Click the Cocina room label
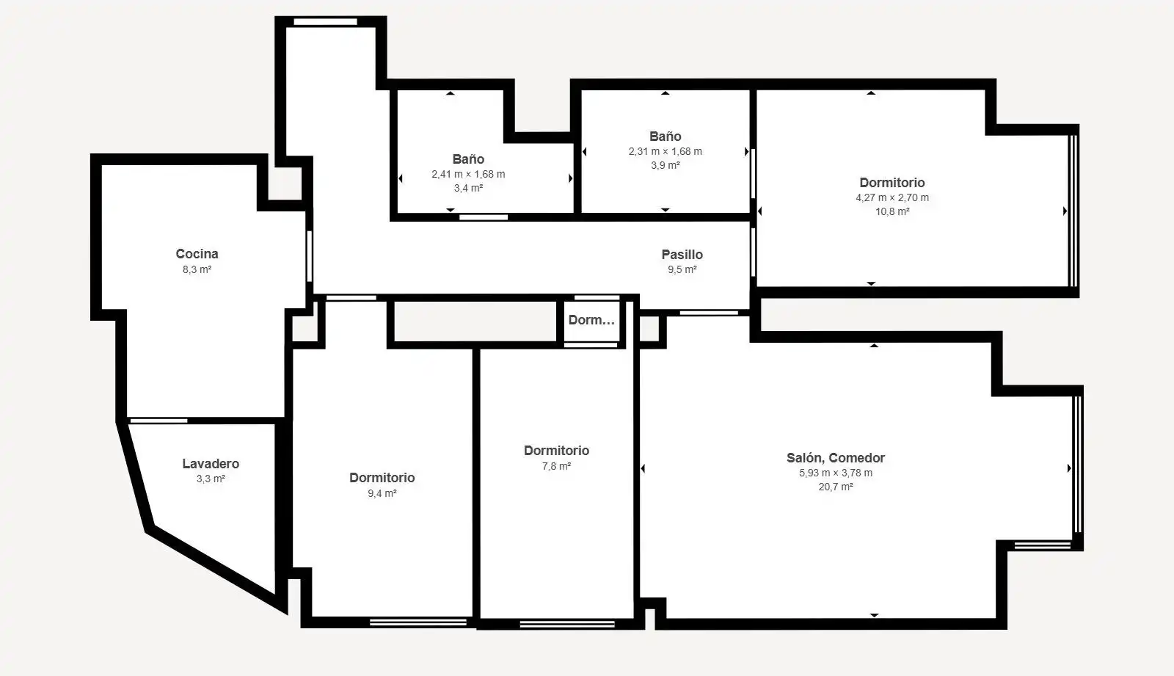[x=197, y=254]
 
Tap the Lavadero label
[x=211, y=464]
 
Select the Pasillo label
[x=682, y=255]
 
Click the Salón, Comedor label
[x=836, y=458]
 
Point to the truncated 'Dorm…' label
[x=591, y=320]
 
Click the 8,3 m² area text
[x=197, y=269]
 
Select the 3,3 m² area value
[x=211, y=479]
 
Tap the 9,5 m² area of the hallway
[x=682, y=269]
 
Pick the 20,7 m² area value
[x=836, y=487]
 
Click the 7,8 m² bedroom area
[x=557, y=466]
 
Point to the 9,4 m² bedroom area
[x=382, y=493]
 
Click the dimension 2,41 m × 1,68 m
[x=468, y=174]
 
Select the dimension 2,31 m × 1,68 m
[x=665, y=151]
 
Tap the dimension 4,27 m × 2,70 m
[x=892, y=197]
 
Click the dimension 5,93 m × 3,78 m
[x=836, y=473]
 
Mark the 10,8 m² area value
[x=892, y=211]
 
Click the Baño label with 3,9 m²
[x=665, y=137]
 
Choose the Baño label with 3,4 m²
[x=468, y=159]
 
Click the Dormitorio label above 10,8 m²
[x=892, y=183]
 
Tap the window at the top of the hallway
[x=326, y=22]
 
